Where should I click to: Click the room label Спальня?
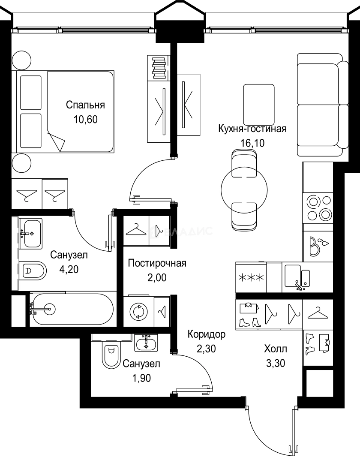pyautogui.click(x=85, y=105)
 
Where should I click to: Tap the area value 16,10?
pyautogui.click(x=253, y=143)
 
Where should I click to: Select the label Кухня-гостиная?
pyautogui.click(x=252, y=129)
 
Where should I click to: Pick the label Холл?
pyautogui.click(x=276, y=349)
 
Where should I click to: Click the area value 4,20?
pyautogui.click(x=69, y=270)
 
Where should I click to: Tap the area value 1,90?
pyautogui.click(x=141, y=378)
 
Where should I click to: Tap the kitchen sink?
pyautogui.click(x=293, y=275)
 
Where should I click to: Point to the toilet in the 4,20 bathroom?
pyautogui.click(x=34, y=271)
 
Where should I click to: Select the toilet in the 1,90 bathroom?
pyautogui.click(x=111, y=354)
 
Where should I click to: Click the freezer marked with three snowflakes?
pyautogui.click(x=251, y=277)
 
